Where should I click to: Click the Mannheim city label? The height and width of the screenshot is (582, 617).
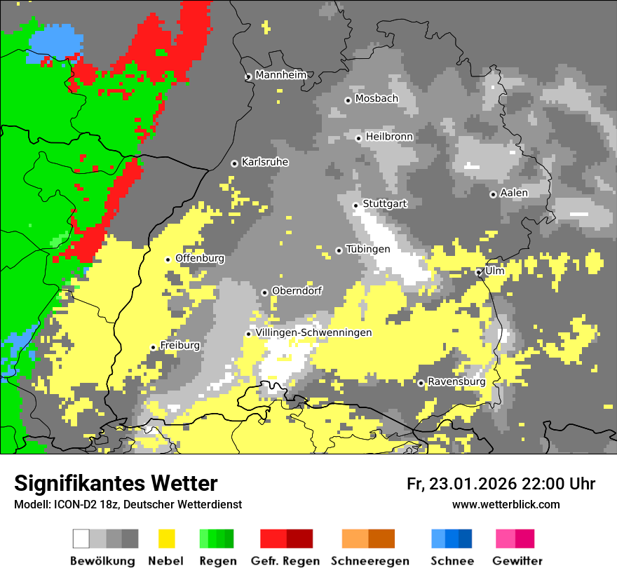point(280,75)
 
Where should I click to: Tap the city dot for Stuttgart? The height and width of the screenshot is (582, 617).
point(355,205)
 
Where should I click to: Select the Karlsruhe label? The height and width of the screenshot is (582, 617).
point(264,162)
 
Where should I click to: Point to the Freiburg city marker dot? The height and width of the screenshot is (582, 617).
point(153,347)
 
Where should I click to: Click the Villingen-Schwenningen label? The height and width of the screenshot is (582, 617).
point(313,332)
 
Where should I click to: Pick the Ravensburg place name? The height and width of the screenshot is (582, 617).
point(456,382)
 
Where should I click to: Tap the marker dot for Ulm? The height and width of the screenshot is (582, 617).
point(478,272)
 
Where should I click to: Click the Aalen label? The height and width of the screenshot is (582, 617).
point(513,193)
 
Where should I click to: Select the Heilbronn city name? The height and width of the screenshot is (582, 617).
point(388,137)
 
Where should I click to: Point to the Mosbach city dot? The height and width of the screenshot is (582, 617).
point(348,100)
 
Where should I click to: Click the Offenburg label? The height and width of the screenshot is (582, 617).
point(199,258)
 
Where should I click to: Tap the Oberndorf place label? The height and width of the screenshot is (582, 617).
point(297,290)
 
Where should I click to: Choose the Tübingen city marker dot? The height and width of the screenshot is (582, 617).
point(339,250)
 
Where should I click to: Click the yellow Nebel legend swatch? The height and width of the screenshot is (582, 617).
point(166,539)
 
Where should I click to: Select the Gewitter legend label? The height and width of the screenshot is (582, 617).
point(517,561)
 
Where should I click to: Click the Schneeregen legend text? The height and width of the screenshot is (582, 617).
point(369,561)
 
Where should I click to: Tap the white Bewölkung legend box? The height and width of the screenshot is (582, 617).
point(81,539)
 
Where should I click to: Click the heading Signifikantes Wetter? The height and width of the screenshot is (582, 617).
point(116,483)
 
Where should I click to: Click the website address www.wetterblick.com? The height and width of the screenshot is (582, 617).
point(506,504)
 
